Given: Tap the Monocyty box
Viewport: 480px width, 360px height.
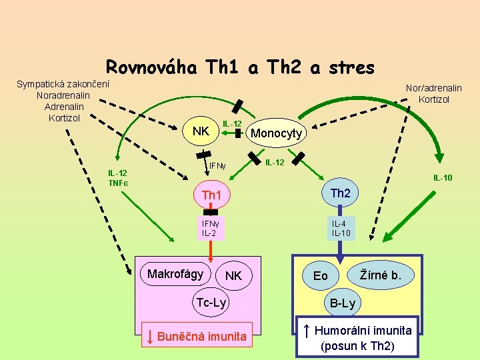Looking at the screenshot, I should pyautogui.click(x=275, y=133).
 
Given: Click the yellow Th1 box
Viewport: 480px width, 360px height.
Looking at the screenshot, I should pyautogui.click(x=211, y=195).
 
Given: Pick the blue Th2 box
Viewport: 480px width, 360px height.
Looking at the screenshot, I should pyautogui.click(x=340, y=193).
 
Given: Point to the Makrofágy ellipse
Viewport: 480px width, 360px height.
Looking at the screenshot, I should pyautogui.click(x=175, y=274).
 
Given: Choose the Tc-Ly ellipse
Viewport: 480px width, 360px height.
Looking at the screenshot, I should pyautogui.click(x=211, y=303).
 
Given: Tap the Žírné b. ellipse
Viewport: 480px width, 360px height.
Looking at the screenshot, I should pyautogui.click(x=381, y=274).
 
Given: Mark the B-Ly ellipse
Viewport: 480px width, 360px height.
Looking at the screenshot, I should pyautogui.click(x=343, y=304).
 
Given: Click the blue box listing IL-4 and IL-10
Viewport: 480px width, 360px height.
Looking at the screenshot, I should pyautogui.click(x=341, y=229).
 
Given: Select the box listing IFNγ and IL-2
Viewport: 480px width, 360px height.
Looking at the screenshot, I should pyautogui.click(x=209, y=229).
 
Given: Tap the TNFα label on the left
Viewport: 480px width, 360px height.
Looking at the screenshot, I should pyautogui.click(x=118, y=183).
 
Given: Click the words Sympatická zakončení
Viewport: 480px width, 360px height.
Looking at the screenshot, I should pyautogui.click(x=63, y=84).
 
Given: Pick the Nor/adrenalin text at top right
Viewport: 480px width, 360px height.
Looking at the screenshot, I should pyautogui.click(x=433, y=88).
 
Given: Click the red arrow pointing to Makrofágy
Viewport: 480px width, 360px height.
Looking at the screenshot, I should pyautogui.click(x=210, y=250).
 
